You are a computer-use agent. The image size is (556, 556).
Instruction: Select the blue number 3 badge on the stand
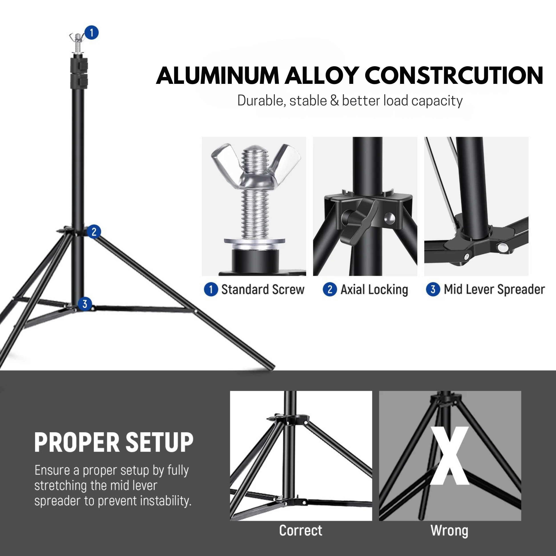click(85, 304)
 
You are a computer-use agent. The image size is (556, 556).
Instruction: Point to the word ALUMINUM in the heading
click(218, 75)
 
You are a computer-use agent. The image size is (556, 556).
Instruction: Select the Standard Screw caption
click(262, 290)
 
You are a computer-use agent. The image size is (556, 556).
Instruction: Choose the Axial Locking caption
click(374, 290)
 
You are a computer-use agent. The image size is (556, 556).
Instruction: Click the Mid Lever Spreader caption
click(494, 290)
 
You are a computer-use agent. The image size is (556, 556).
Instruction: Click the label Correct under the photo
click(300, 530)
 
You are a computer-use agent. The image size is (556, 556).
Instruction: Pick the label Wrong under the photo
click(449, 530)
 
